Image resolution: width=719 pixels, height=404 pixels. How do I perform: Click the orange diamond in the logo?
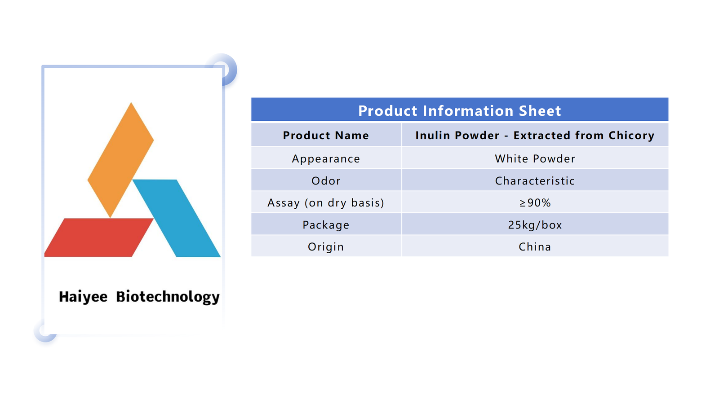tap(120, 160)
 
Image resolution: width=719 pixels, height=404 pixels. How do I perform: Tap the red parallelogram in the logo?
tap(98, 237)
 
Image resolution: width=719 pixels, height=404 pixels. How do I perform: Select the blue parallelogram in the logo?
tap(177, 218)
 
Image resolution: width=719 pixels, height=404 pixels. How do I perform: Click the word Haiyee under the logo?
tap(83, 297)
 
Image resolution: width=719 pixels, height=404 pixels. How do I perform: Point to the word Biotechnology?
tap(168, 297)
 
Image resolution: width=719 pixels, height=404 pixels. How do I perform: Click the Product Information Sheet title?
tap(459, 110)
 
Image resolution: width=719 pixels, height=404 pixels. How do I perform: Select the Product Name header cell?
tap(326, 135)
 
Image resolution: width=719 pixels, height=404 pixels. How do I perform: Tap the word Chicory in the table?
tap(631, 136)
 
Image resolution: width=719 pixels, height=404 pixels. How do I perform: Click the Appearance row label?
tap(326, 159)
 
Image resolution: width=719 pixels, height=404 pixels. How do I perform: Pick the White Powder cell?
tap(535, 158)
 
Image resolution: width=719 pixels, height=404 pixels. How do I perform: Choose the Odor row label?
tap(326, 181)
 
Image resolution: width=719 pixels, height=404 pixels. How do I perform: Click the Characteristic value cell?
tap(535, 180)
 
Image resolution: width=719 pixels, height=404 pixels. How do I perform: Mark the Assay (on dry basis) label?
tap(326, 203)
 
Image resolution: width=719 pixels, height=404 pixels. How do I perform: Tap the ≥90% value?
tap(535, 202)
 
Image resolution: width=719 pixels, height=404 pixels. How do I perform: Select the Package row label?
tap(326, 225)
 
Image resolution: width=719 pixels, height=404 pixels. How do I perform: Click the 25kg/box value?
tap(535, 225)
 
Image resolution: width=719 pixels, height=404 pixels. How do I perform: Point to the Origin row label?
tap(326, 247)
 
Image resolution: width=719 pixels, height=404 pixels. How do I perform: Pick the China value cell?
tap(535, 246)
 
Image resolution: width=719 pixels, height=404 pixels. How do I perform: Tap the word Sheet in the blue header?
tap(540, 110)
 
